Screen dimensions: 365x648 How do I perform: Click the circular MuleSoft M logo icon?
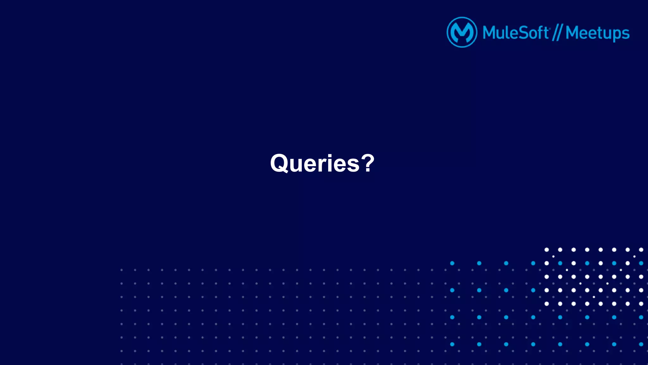pos(462,32)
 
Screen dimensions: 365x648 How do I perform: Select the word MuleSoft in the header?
pos(515,33)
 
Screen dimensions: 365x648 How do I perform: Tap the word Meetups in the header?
pos(597,33)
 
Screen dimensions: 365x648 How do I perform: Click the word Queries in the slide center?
pos(315,163)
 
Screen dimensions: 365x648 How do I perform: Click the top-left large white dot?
pos(546,250)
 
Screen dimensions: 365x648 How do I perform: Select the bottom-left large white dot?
pos(546,304)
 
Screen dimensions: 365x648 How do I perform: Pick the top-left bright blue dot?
pos(452,263)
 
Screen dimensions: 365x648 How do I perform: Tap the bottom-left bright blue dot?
pos(452,344)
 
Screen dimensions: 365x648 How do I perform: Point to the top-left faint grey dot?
pos(121,270)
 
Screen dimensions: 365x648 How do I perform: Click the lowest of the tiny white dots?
pos(594,297)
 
